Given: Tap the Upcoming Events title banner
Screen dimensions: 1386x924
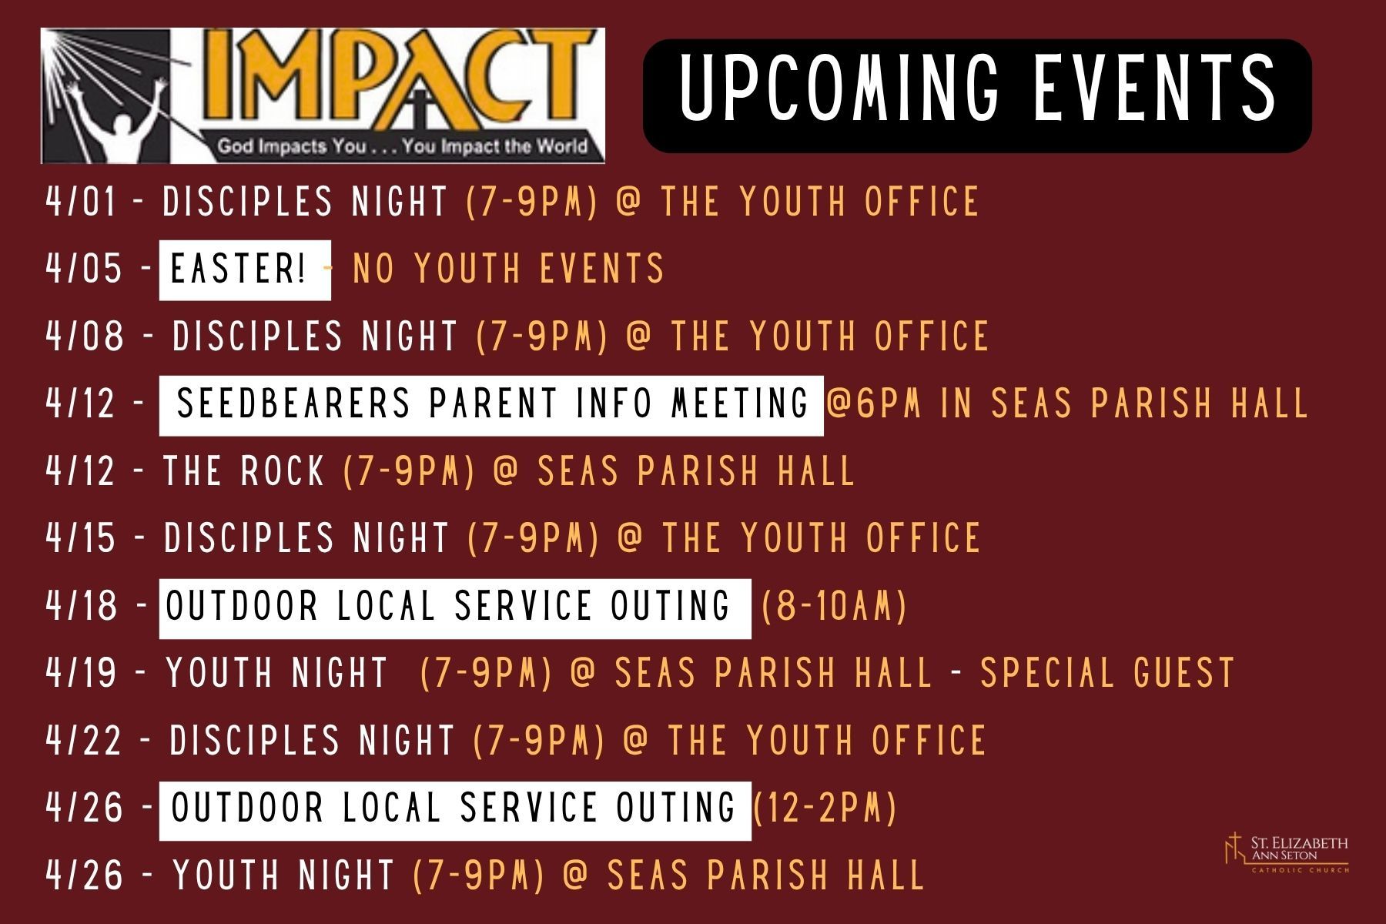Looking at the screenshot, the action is tap(977, 95).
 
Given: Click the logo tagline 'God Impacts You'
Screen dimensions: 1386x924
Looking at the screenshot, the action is tap(292, 146).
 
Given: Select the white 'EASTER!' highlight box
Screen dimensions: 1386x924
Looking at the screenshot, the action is tap(245, 269).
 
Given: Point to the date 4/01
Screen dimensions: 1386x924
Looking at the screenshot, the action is tap(81, 202).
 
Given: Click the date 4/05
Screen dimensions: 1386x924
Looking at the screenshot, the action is tap(84, 269).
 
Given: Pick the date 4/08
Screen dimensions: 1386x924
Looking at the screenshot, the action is tap(85, 336).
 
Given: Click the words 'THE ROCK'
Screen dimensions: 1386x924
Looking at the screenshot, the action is tap(243, 471).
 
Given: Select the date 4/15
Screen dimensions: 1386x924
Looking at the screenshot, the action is tap(81, 538).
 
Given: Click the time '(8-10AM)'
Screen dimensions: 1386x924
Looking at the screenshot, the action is tap(834, 606).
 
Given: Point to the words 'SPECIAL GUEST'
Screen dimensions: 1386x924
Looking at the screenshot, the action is tap(1107, 673).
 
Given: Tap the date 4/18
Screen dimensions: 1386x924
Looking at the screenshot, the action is tap(82, 606).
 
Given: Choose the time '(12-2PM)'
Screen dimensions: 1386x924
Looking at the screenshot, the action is tap(824, 808).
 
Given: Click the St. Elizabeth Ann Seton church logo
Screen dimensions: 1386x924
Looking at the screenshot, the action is tap(1286, 853).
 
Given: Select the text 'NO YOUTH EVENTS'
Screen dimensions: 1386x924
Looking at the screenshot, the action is tap(508, 269).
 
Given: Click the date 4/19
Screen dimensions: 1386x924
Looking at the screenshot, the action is tap(81, 673).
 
